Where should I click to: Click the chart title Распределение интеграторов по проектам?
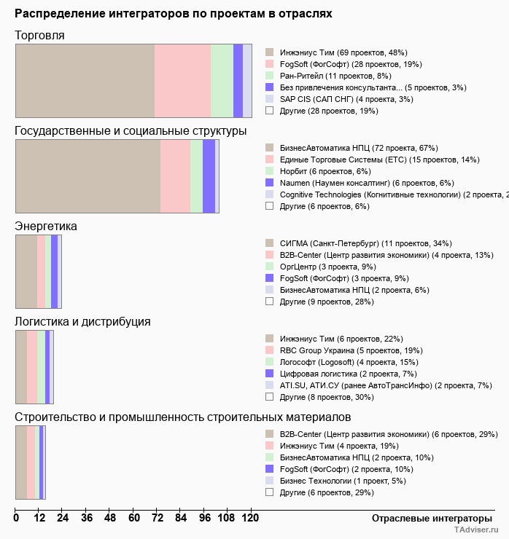click(174, 14)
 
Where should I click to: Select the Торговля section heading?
click(39, 36)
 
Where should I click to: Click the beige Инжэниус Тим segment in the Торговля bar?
click(85, 80)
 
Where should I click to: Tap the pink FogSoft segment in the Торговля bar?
click(182, 80)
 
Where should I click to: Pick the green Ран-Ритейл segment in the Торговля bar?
click(222, 80)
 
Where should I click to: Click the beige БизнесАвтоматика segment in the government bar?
click(88, 176)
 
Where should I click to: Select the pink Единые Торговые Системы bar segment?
click(175, 176)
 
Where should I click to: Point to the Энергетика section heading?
click(46, 227)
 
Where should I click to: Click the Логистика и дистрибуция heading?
click(82, 321)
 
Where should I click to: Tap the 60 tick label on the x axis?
click(134, 519)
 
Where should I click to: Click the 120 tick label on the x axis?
click(251, 519)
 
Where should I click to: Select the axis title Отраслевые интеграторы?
click(427, 519)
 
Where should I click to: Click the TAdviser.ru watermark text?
click(476, 530)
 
